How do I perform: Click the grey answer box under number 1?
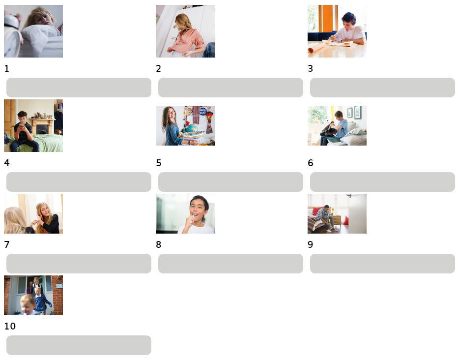[79, 88]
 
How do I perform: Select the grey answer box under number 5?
[230, 182]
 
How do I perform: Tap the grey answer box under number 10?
[79, 345]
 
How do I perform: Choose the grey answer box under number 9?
[382, 264]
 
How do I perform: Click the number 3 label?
[311, 68]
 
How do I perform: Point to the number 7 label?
[7, 244]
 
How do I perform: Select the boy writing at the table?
[348, 30]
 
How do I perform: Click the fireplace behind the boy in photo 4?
[42, 126]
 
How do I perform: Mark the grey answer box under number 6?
[382, 182]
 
